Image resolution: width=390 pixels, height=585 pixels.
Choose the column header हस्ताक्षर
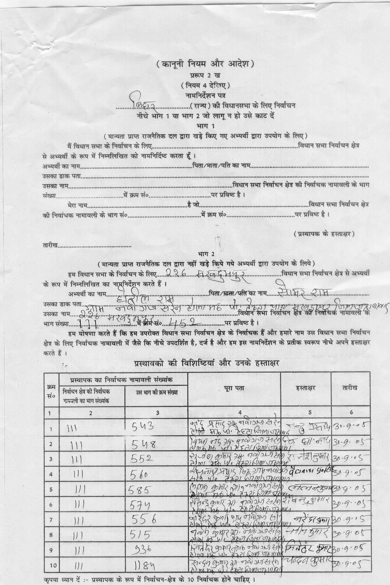coord(306,388)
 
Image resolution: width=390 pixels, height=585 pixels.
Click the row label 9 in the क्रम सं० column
coord(51,550)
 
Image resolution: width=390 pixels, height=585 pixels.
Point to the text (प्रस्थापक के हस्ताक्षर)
coord(324,233)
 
